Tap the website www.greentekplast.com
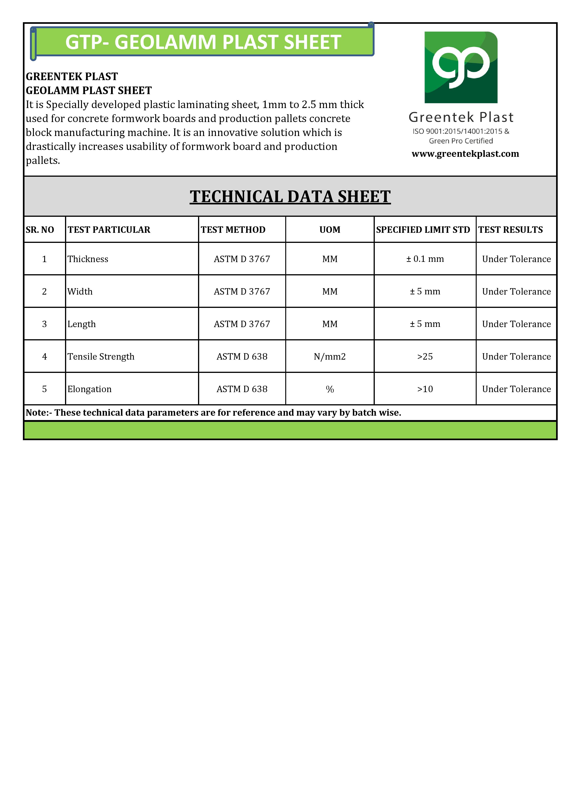(465, 154)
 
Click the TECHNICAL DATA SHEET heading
(290, 197)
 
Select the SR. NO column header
(40, 230)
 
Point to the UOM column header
(329, 230)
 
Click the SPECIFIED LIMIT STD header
(423, 230)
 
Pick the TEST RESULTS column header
(510, 230)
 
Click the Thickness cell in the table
(88, 259)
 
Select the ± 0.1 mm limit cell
(425, 259)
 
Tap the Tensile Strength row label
(101, 357)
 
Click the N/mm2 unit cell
(329, 357)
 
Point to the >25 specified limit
(425, 357)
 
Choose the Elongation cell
(90, 389)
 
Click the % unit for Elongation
(329, 389)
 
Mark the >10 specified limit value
(425, 389)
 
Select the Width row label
(80, 292)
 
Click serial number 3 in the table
(44, 324)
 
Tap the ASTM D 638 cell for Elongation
(242, 389)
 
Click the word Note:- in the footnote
(39, 413)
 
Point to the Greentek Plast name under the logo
(461, 117)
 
